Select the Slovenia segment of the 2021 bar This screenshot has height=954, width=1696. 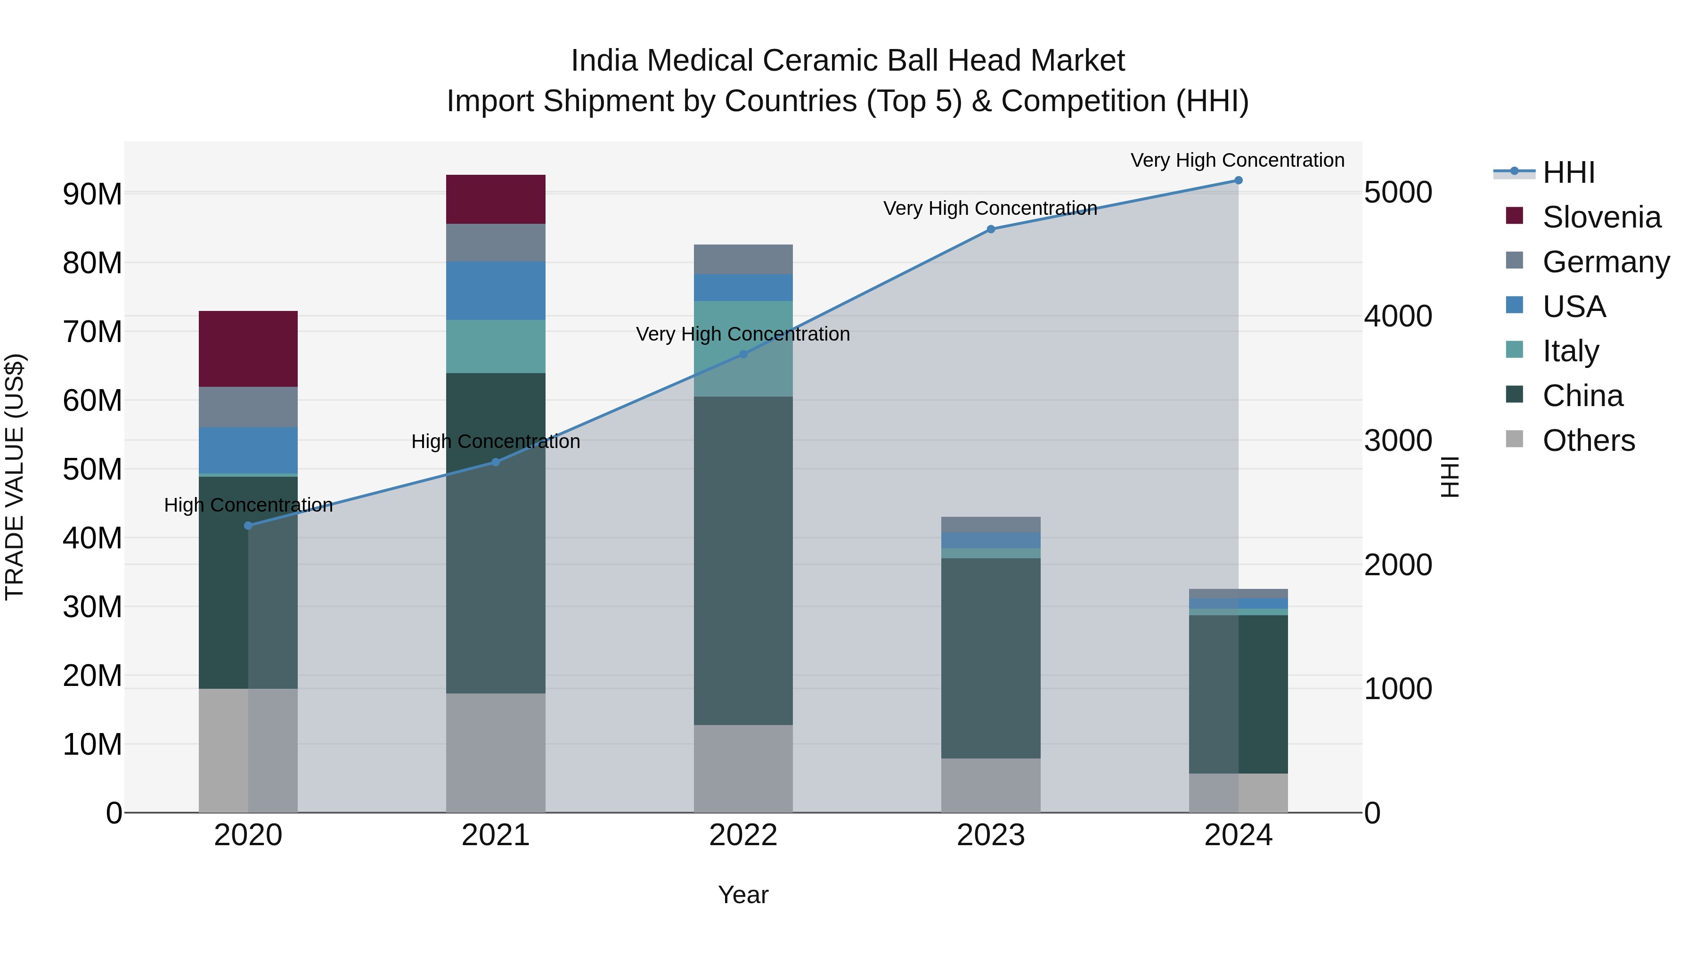point(496,199)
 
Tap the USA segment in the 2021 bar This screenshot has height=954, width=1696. point(496,290)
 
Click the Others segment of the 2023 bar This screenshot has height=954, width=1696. point(991,785)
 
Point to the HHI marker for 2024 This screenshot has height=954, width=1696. point(1239,180)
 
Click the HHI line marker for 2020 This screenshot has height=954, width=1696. point(248,525)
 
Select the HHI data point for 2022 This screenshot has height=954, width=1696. point(743,354)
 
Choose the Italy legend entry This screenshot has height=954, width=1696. point(1570,351)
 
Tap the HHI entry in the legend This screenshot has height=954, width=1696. point(1568,172)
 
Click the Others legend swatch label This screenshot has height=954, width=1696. point(1588,440)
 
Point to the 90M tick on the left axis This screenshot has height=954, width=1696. point(92,194)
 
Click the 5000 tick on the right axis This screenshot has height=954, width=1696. point(1398,192)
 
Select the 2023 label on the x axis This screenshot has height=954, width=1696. point(991,835)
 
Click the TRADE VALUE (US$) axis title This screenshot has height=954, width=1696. point(15,477)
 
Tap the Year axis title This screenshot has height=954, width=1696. point(743,895)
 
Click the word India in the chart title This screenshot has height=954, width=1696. point(605,61)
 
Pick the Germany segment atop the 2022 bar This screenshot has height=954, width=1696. point(743,260)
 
